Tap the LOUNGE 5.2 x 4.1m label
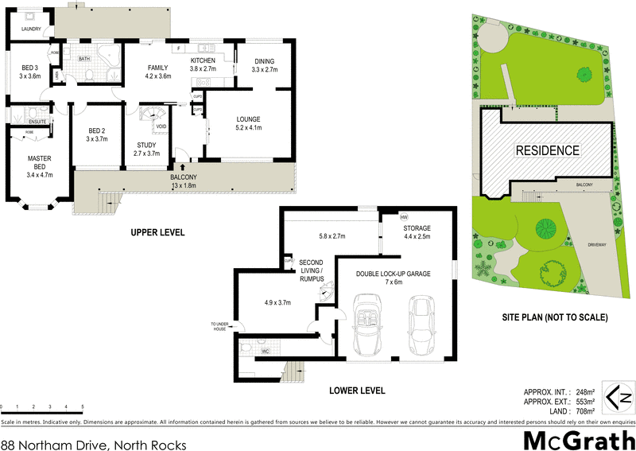[248, 123]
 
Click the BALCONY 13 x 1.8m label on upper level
[184, 181]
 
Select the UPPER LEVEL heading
[158, 233]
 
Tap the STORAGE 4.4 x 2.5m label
[417, 231]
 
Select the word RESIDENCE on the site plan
[548, 150]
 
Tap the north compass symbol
[619, 396]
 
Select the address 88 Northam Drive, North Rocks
[93, 445]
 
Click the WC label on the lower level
[266, 349]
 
